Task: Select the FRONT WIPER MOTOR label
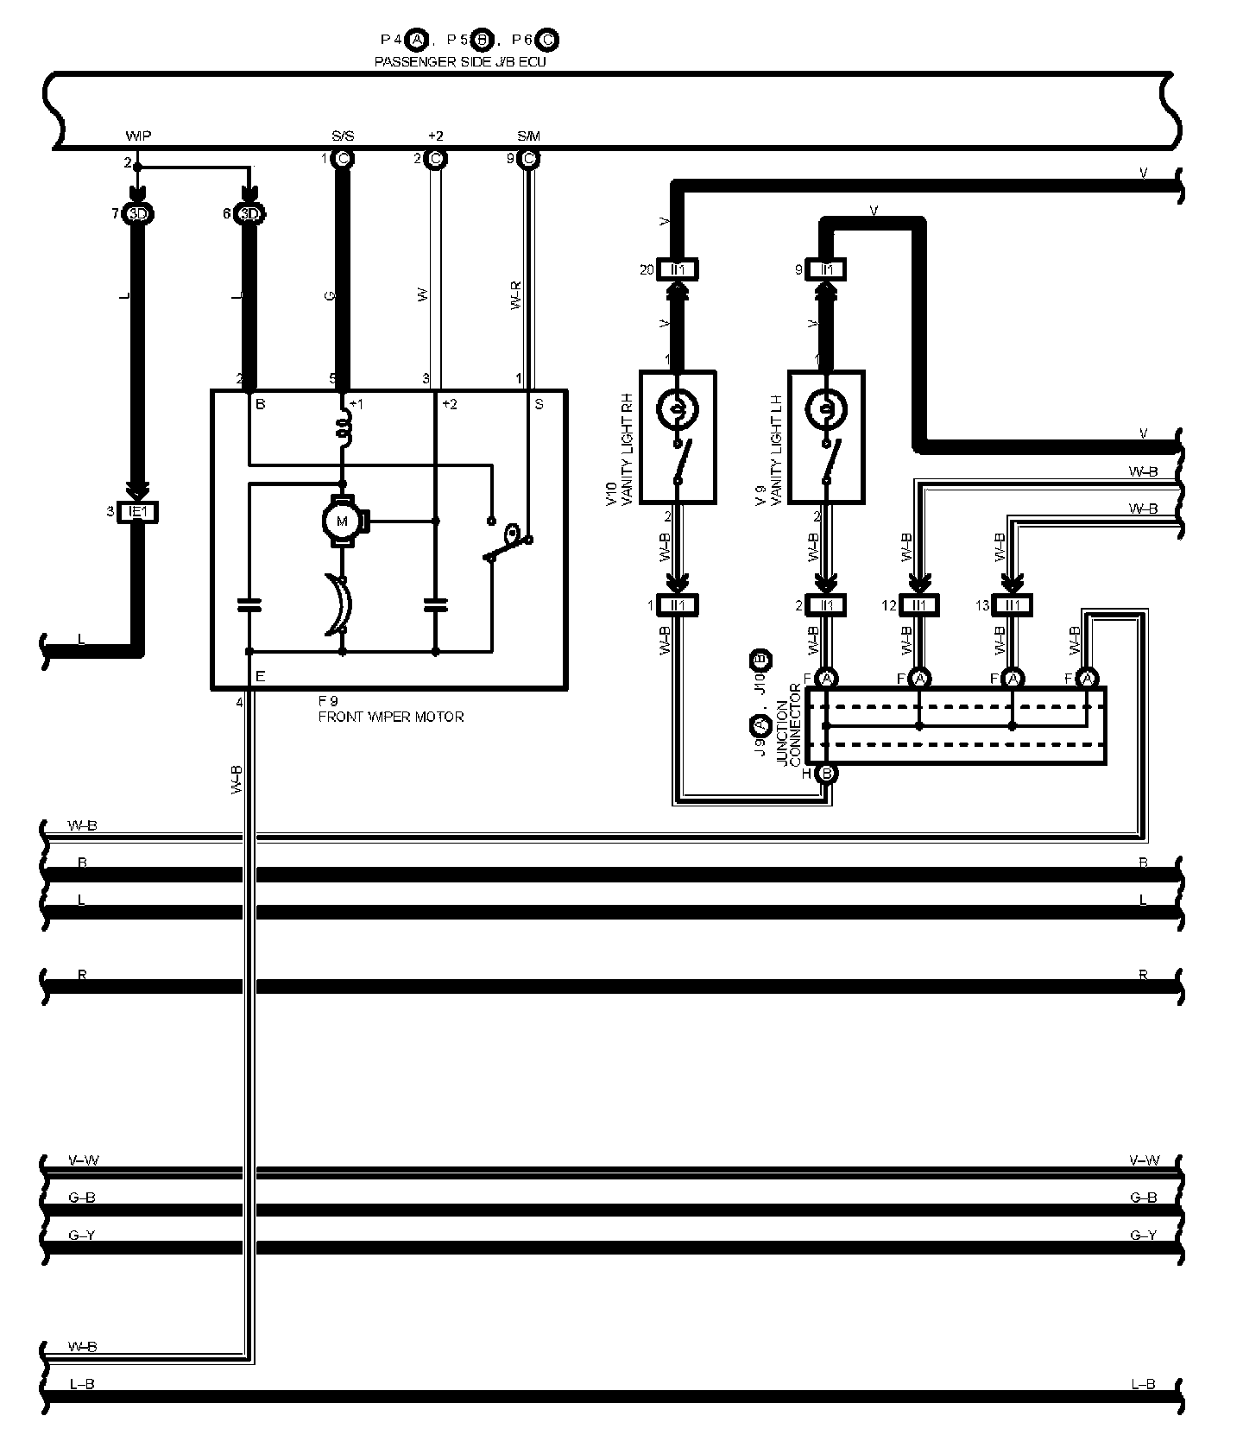point(390,717)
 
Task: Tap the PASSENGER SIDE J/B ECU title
point(460,62)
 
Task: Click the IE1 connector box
point(137,512)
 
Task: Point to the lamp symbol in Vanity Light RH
point(678,407)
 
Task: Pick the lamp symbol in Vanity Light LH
point(826,407)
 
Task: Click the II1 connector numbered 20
point(678,269)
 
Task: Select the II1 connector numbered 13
point(1013,605)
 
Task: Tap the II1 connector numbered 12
point(919,605)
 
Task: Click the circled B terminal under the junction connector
point(826,774)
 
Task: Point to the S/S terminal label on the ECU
point(342,136)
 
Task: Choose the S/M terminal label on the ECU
point(528,136)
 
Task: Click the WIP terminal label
point(139,136)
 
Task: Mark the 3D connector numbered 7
point(136,213)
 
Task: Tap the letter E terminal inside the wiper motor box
point(260,677)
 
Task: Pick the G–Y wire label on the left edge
point(81,1236)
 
